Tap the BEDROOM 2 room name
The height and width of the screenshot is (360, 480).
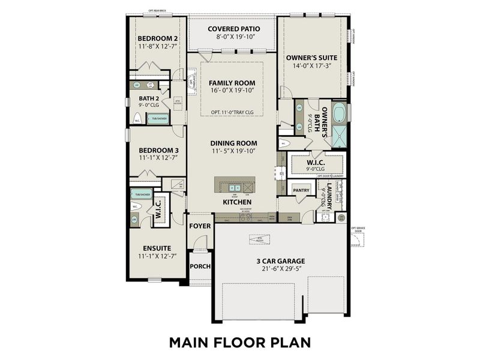click(x=158, y=37)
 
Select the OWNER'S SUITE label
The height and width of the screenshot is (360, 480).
click(x=311, y=58)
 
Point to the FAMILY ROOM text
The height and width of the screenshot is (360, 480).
click(x=232, y=83)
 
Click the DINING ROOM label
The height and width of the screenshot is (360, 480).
click(x=233, y=143)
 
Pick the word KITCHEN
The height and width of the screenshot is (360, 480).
click(x=236, y=202)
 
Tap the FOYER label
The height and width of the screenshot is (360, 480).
click(x=199, y=226)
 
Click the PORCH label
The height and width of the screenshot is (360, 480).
click(x=199, y=266)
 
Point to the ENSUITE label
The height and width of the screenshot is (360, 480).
click(x=157, y=248)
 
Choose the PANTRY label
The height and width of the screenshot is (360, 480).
click(x=301, y=190)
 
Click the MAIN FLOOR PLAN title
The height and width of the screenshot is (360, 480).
click(x=239, y=342)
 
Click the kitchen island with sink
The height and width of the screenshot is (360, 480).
click(x=235, y=185)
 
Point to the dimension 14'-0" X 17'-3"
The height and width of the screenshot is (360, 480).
click(x=311, y=67)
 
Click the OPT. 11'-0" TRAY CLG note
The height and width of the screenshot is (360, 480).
click(x=233, y=112)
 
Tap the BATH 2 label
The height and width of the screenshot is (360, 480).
click(x=149, y=98)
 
